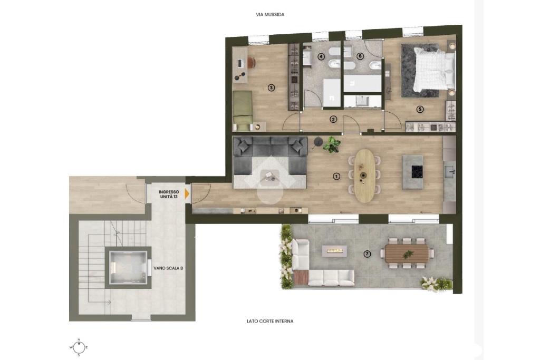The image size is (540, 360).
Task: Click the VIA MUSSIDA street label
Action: click(270, 15)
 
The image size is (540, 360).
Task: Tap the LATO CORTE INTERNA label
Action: click(270, 321)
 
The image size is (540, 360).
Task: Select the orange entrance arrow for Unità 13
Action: click(187, 194)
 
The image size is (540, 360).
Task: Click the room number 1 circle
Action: click(336, 176)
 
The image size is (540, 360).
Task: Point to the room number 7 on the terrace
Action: click(368, 254)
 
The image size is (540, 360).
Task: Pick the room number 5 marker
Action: click(419, 109)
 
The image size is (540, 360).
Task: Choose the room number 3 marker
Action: click(272, 88)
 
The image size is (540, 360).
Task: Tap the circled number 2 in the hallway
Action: click(333, 120)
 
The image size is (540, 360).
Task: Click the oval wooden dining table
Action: click(364, 176)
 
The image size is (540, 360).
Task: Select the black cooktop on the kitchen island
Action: click(418, 171)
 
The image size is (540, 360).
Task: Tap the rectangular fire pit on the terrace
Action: click(335, 251)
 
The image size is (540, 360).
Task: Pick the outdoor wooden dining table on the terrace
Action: click(407, 254)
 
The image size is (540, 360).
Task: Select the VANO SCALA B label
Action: click(168, 268)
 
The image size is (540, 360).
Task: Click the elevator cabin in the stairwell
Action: click(127, 267)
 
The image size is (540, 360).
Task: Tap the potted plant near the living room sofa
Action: click(332, 144)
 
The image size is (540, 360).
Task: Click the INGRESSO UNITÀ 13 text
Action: click(169, 194)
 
